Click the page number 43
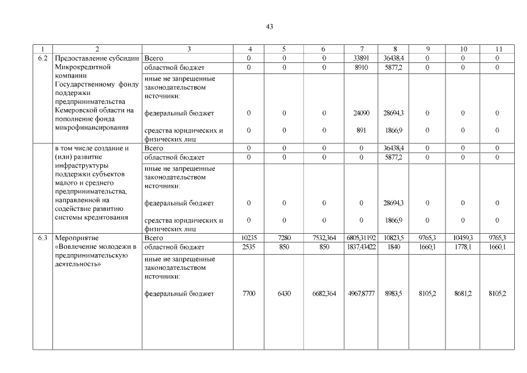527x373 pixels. [269, 27]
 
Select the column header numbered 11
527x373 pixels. [498, 49]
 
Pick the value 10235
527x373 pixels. [249, 238]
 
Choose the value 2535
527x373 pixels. [249, 247]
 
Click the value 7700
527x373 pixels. [249, 293]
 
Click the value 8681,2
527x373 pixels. [463, 293]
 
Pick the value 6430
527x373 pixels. [284, 293]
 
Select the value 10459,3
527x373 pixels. [463, 238]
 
